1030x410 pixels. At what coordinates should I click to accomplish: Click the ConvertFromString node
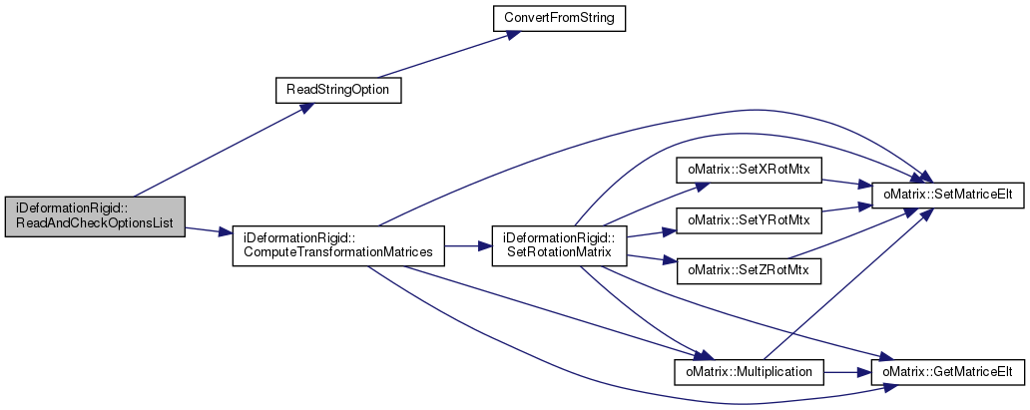pos(559,18)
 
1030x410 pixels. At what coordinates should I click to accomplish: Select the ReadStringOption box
pos(337,90)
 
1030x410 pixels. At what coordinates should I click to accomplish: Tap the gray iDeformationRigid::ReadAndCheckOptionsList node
pos(95,216)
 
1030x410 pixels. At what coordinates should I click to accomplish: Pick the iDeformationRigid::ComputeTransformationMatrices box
pos(338,245)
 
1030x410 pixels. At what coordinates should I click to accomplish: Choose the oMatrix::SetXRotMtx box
pos(749,172)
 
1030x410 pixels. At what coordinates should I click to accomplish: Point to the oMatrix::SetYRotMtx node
pos(749,220)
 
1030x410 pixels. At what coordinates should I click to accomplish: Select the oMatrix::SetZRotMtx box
pos(749,269)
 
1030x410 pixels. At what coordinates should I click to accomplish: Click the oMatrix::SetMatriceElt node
pos(948,196)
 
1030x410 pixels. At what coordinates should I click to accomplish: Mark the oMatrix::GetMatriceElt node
pos(948,372)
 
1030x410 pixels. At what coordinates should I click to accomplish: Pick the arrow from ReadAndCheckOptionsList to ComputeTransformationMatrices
pos(209,230)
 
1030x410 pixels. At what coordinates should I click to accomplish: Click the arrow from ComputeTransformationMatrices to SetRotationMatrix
pos(468,245)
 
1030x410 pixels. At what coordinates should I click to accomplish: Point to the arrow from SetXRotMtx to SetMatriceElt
pos(846,184)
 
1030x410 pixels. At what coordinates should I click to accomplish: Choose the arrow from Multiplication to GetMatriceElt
pos(847,372)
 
